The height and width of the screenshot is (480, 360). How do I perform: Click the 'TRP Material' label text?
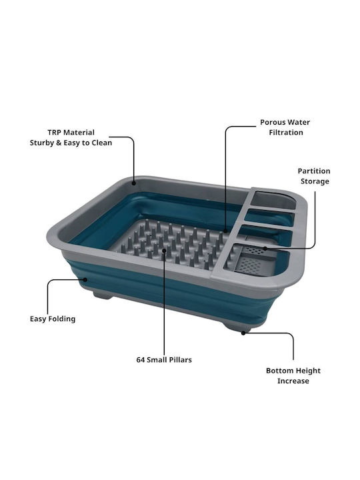(x=71, y=133)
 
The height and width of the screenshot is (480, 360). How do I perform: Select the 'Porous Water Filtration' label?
(x=285, y=127)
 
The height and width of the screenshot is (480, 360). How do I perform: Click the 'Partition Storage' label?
(x=314, y=176)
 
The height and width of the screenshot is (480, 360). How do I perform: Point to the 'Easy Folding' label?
(x=53, y=319)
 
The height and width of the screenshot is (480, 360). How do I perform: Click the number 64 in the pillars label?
(x=141, y=360)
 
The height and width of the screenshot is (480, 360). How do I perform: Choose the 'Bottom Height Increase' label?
(x=293, y=376)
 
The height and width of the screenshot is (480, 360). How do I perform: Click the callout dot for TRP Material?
(x=134, y=183)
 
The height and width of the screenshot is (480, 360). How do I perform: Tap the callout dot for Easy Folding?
(x=86, y=279)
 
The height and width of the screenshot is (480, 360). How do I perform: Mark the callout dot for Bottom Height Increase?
(x=243, y=333)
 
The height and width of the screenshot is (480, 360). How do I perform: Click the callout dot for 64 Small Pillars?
(x=164, y=250)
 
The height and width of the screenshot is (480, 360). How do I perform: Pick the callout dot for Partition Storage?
(x=265, y=248)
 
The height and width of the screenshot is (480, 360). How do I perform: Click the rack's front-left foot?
(x=102, y=295)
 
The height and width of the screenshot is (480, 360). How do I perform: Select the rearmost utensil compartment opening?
(x=274, y=200)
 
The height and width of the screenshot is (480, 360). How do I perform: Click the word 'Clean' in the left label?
(x=102, y=143)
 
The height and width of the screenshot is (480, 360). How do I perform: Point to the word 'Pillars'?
(x=180, y=360)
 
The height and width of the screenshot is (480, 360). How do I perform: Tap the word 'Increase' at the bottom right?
(x=293, y=381)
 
